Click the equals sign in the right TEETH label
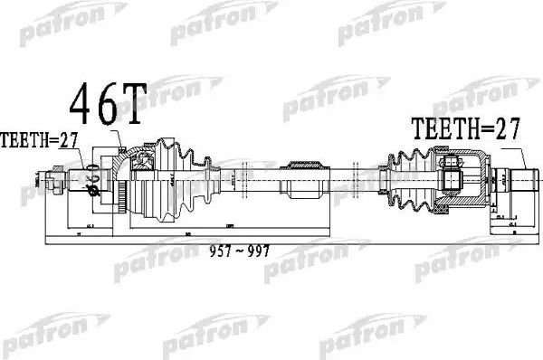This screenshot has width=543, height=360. (476, 130)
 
